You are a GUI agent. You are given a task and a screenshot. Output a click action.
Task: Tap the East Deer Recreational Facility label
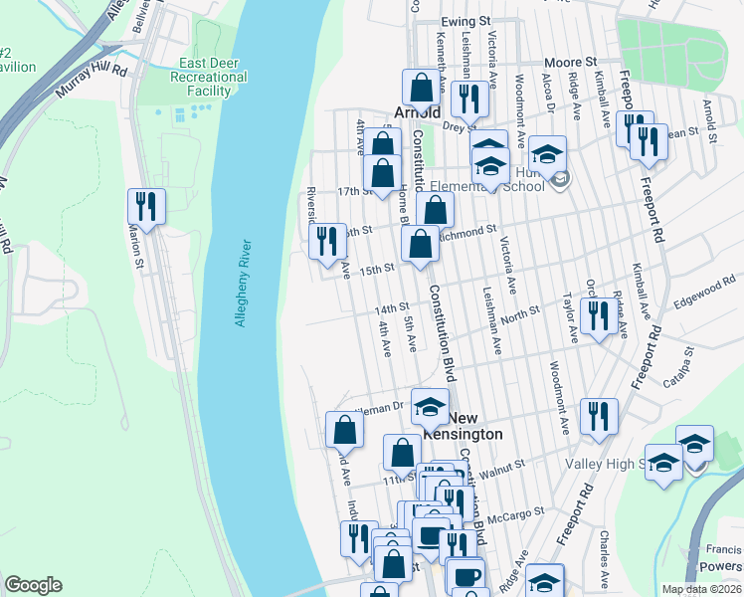point(205,78)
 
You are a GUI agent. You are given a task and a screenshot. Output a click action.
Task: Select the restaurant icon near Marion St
point(146,206)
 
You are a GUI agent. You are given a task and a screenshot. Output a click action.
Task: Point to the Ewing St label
point(467,20)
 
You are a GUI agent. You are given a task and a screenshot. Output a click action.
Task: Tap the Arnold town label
point(417,112)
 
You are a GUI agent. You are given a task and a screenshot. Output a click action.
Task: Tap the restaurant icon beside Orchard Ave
point(597,315)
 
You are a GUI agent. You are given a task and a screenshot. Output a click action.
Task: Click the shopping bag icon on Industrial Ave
point(344,431)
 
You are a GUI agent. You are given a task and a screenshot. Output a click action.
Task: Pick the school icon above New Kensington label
point(430,406)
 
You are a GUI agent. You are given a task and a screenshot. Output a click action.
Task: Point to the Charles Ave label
point(605,548)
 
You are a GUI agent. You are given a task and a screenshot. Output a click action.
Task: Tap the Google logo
point(33,585)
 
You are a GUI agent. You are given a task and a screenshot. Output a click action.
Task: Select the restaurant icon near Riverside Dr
point(325,240)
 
